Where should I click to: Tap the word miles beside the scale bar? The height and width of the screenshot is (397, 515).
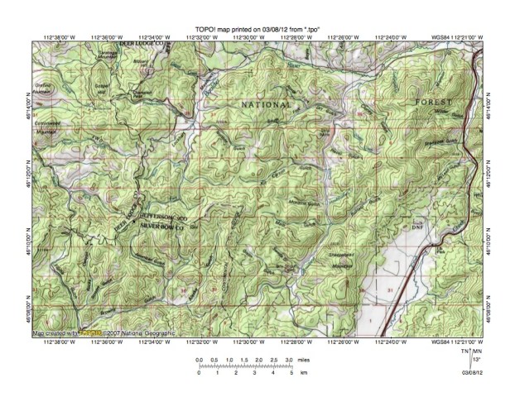304,361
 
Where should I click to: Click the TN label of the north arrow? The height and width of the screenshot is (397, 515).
464,352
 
